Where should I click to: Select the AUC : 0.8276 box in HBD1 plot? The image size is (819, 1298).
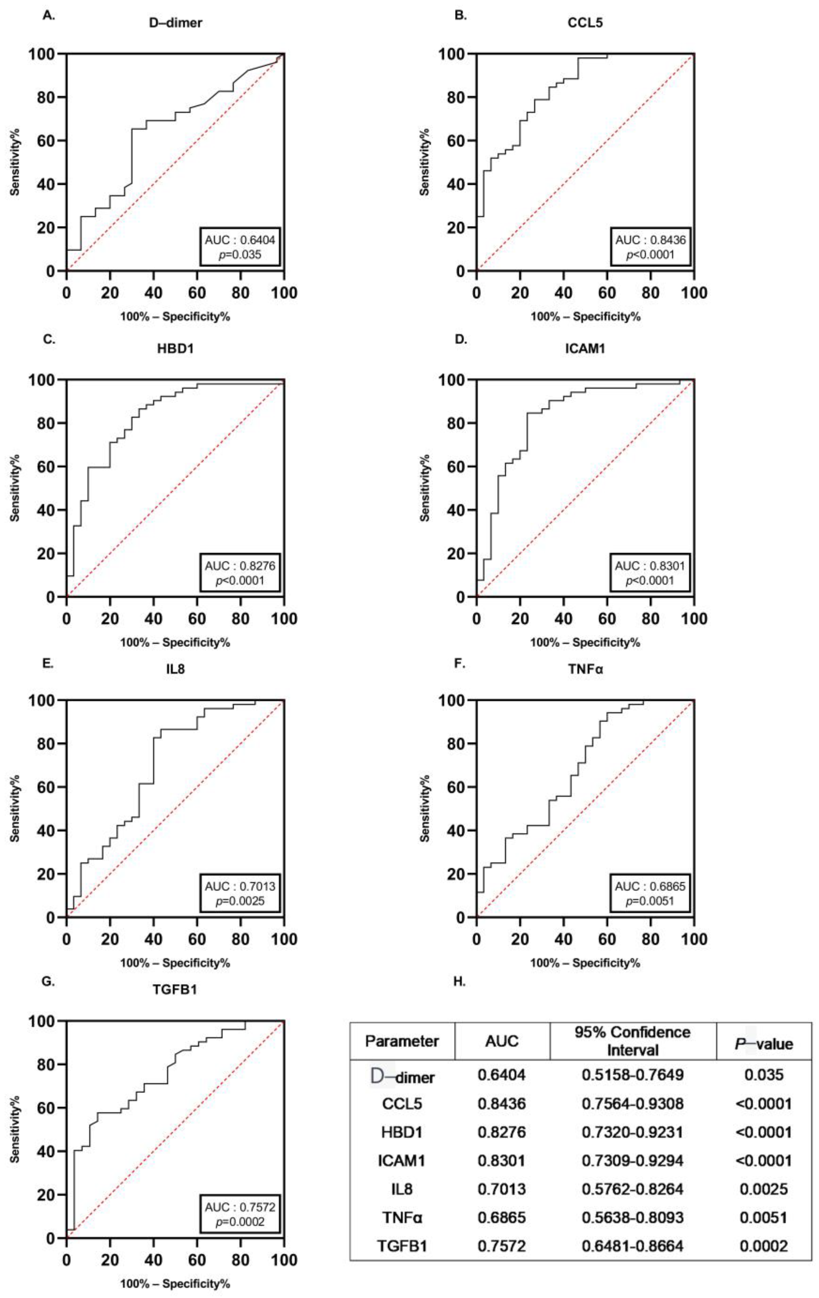pos(240,573)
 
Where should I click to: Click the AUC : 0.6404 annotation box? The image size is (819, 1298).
pos(240,247)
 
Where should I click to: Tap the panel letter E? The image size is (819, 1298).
pos(48,664)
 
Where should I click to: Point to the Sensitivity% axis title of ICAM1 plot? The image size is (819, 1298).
pos(425,488)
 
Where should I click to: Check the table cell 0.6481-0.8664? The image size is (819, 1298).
pos(632,1246)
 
